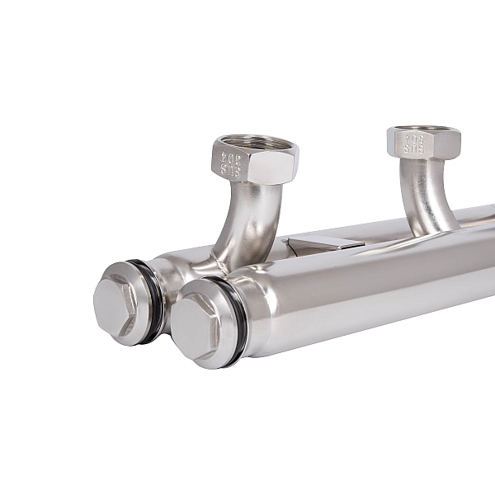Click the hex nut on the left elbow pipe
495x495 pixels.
point(252,161)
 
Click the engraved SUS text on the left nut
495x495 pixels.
point(230,171)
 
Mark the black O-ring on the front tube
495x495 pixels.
point(236,318)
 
